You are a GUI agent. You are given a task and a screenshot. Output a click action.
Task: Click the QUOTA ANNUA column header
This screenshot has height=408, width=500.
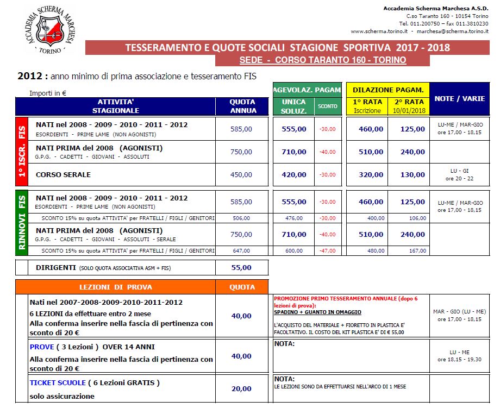242,106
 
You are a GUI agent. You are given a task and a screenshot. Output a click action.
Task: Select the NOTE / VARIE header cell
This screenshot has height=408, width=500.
460,98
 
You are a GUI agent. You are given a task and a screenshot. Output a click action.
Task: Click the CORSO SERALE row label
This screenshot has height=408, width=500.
63,174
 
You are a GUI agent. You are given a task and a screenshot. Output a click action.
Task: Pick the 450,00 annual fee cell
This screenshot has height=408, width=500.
241,175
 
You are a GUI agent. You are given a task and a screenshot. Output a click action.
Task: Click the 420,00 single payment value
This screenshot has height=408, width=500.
293,175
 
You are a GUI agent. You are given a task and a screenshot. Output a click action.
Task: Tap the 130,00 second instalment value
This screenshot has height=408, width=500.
412,175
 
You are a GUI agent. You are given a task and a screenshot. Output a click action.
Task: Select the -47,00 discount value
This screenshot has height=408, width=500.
328,250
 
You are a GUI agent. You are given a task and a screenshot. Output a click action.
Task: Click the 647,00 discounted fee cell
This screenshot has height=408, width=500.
241,250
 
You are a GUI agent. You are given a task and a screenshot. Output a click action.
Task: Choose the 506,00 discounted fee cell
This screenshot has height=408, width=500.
241,218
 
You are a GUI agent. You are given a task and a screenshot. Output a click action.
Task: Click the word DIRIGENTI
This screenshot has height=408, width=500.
56,267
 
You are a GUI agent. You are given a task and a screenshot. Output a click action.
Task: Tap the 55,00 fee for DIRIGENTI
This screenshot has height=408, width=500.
241,267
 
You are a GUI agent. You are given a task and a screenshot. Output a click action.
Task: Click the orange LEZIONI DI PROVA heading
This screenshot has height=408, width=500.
116,287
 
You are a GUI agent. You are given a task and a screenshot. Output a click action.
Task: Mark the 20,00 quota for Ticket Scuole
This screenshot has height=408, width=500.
241,388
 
